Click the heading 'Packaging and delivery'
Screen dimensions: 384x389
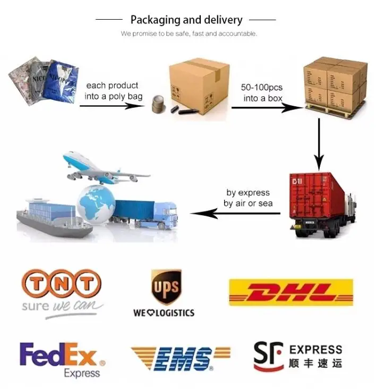(186, 20)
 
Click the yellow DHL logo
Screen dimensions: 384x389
(291, 292)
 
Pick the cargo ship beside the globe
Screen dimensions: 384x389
(50, 216)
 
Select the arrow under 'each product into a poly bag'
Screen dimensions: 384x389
(112, 106)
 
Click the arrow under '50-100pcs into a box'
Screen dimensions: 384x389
(266, 107)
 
